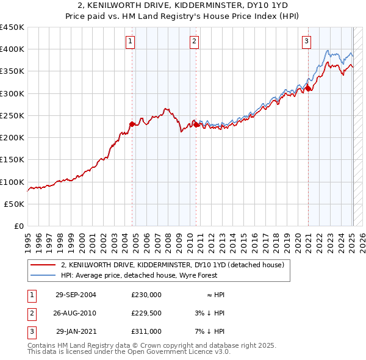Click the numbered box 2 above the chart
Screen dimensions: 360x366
(194, 41)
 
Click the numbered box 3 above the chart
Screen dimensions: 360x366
(306, 41)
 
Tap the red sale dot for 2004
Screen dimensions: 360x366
(132, 124)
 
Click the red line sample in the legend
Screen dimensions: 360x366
(43, 265)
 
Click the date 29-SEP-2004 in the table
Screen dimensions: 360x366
(76, 295)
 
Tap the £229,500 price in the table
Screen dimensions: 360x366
(146, 313)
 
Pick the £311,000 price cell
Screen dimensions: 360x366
(146, 331)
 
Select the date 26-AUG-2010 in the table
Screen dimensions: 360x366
(76, 313)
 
